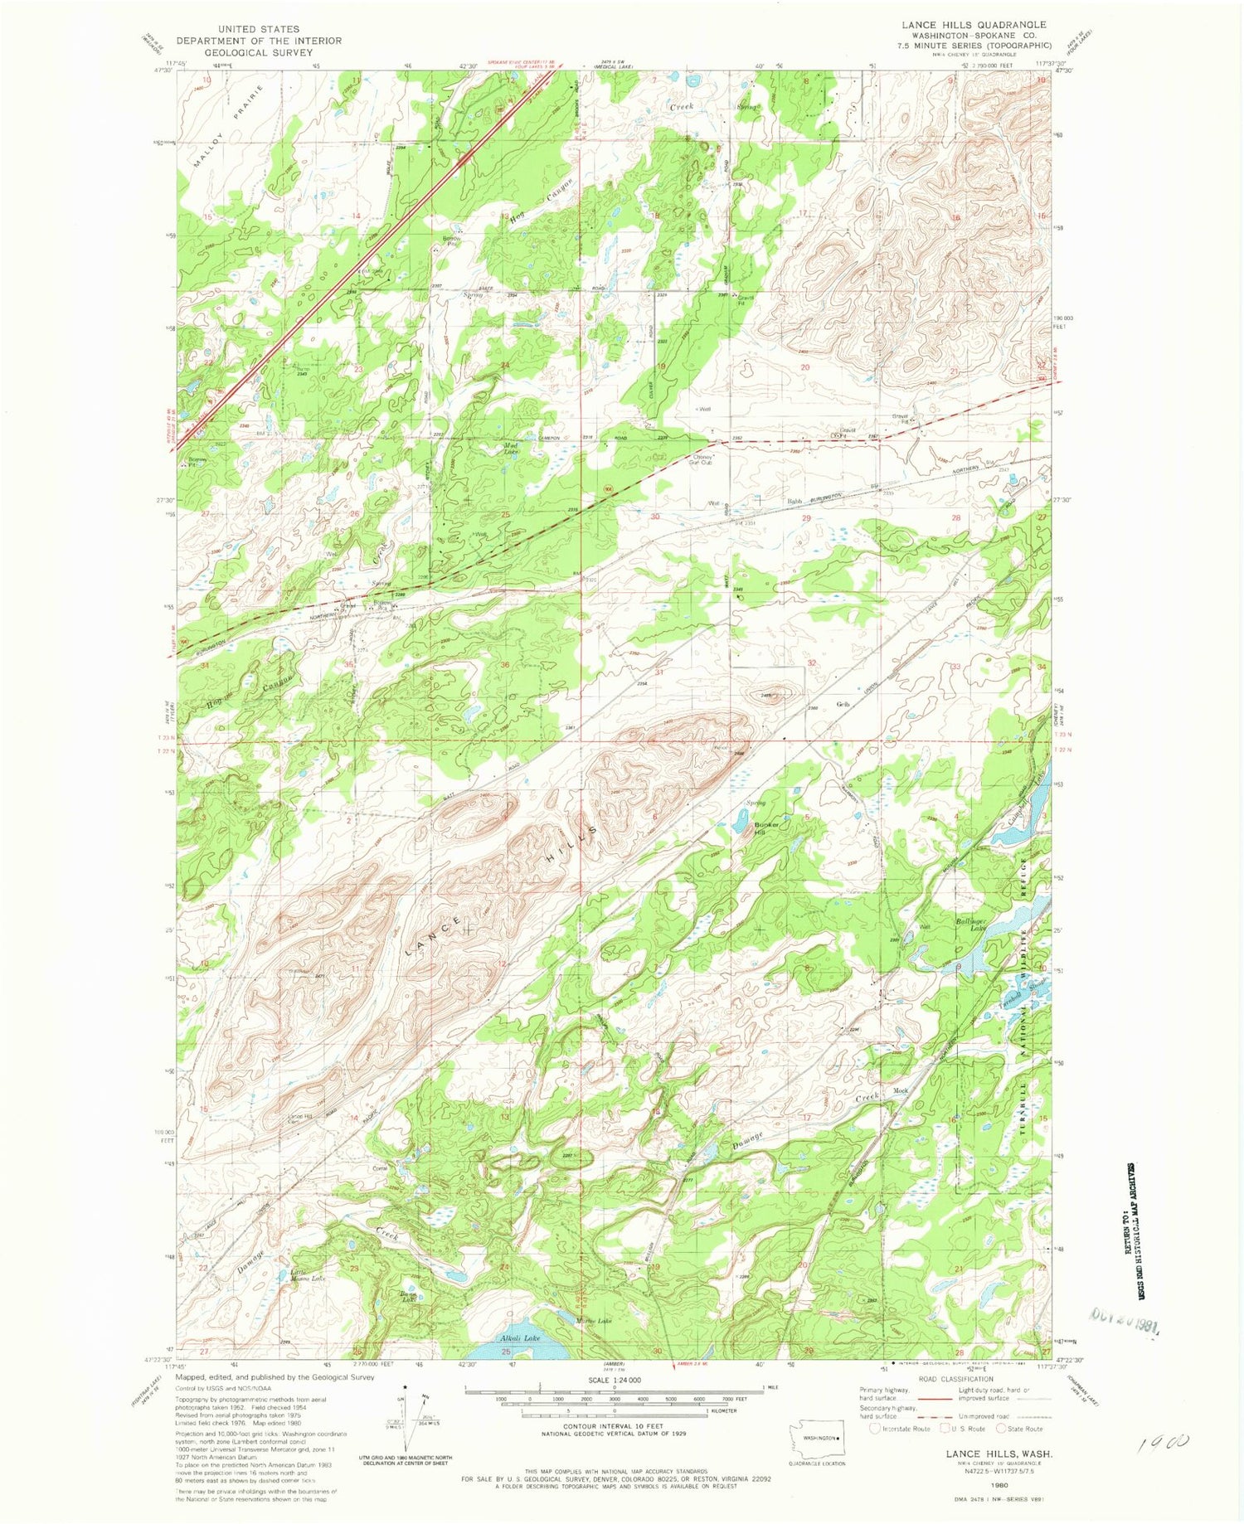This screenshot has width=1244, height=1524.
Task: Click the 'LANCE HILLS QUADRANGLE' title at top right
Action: (974, 25)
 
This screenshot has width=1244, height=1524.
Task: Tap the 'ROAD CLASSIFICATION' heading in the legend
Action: (938, 1380)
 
